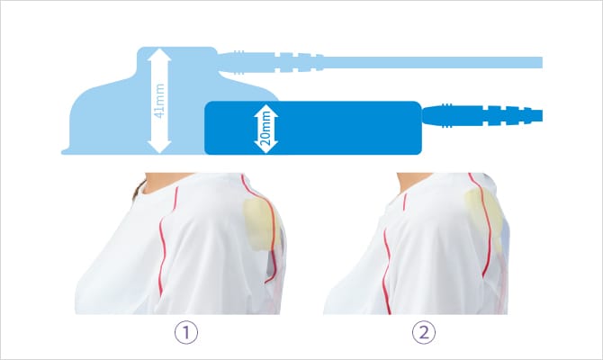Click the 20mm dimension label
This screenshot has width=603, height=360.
266,128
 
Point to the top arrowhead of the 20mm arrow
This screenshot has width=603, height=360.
266,110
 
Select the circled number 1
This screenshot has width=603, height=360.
186,332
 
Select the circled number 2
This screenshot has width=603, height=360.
424,332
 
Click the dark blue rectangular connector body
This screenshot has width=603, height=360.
313,128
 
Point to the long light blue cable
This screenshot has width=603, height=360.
433,62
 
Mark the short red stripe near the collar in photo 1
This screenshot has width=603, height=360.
175,199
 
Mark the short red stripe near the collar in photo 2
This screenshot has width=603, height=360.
405,202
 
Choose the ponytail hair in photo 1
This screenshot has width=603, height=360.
138,189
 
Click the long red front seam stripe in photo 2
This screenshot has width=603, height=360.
385,271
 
